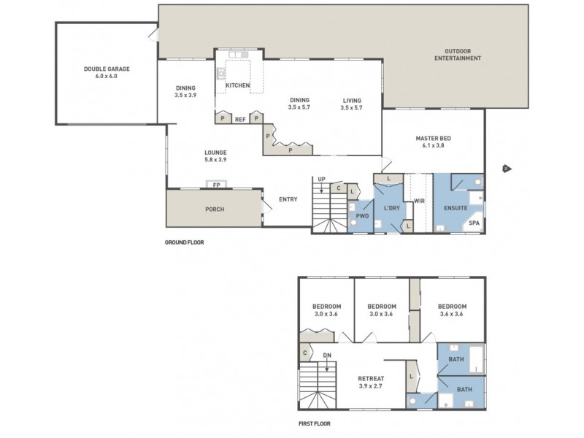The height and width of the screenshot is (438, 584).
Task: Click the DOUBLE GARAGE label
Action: click(x=107, y=69)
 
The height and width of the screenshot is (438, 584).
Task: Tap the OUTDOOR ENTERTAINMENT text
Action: click(x=458, y=55)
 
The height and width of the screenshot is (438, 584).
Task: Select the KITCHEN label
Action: click(x=238, y=85)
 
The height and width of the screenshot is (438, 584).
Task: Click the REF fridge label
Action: click(x=240, y=119)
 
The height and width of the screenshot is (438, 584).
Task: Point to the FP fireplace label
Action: click(x=217, y=185)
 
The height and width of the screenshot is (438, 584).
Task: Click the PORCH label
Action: click(x=214, y=210)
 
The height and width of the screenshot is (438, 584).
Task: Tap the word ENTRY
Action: click(x=287, y=199)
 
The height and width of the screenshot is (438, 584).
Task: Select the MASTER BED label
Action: click(x=432, y=138)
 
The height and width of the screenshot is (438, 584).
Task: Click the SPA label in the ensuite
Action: click(x=474, y=223)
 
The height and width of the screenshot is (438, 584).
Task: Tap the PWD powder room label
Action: click(x=361, y=216)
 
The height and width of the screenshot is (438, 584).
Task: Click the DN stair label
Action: click(x=326, y=356)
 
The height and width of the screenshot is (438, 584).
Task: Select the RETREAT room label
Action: click(x=371, y=378)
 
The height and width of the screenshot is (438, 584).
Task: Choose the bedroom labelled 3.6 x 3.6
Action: click(x=450, y=310)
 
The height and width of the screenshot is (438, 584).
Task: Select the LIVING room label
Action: click(x=351, y=101)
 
